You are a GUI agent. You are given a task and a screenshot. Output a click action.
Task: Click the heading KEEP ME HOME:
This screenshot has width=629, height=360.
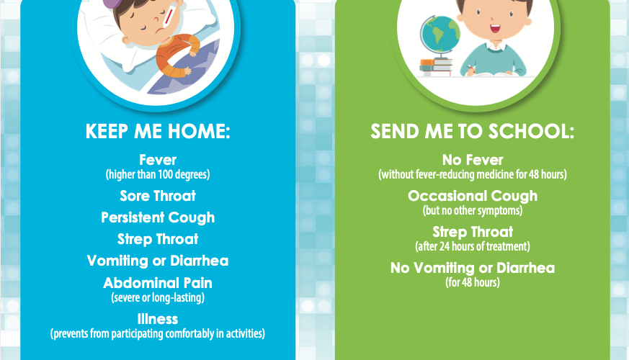[x=158, y=132]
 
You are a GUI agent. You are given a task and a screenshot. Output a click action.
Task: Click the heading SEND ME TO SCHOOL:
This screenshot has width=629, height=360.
[x=472, y=132]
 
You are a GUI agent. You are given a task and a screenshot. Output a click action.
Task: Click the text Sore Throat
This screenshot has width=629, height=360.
[x=158, y=196]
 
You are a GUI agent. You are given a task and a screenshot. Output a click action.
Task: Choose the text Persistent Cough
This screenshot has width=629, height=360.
[x=158, y=217]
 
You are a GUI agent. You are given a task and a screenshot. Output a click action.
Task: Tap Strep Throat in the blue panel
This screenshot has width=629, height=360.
[x=158, y=239]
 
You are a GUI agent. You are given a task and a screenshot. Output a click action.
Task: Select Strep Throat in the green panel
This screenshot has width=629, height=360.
[x=473, y=232]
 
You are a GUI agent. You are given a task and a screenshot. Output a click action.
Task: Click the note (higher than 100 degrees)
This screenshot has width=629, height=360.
[x=158, y=174]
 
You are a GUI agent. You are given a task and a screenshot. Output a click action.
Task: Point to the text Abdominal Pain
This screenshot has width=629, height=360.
[x=158, y=283]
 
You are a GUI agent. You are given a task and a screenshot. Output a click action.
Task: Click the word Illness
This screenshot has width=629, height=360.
[x=158, y=319]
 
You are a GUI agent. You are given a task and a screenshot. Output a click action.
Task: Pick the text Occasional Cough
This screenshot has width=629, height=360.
[x=473, y=196]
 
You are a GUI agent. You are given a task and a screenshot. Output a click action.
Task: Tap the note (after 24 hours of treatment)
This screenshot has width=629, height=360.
[x=473, y=246]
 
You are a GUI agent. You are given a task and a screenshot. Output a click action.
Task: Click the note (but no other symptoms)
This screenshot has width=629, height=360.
[x=473, y=210]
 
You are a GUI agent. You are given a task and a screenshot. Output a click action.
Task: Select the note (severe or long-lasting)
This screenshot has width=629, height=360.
[x=158, y=297]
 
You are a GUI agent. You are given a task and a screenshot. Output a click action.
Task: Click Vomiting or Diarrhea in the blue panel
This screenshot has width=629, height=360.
[x=158, y=261]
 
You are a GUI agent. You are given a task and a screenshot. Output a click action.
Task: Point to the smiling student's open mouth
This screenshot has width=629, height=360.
[x=495, y=29]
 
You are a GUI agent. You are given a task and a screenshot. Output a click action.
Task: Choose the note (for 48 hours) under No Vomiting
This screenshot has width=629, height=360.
[x=473, y=282]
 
